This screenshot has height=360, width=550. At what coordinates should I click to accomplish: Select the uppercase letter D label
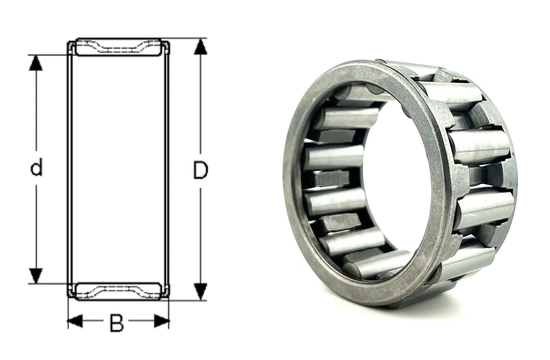[x=200, y=171]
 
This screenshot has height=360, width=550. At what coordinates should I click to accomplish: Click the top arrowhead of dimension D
[x=200, y=46]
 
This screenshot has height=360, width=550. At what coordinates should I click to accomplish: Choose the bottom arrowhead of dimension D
[x=200, y=292]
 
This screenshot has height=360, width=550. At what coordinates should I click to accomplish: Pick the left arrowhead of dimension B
[x=75, y=321]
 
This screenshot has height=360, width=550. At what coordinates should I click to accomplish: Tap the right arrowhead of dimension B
[x=161, y=321]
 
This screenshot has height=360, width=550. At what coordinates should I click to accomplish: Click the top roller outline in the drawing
[x=118, y=47]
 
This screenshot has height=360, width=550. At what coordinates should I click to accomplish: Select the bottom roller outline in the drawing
[x=118, y=291]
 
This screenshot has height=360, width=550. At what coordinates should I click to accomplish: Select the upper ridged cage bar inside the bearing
[x=332, y=178]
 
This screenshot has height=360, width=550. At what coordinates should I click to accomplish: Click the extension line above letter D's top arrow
[x=187, y=38]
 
